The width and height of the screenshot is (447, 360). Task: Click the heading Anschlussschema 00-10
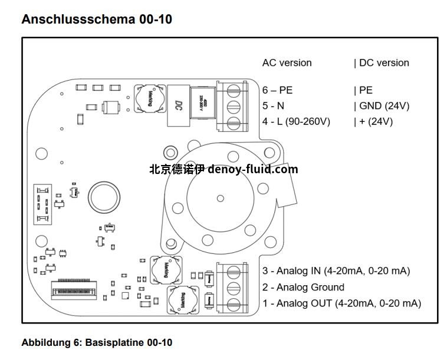pos(97,19)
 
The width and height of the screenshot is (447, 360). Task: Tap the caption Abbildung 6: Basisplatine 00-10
pos(97,342)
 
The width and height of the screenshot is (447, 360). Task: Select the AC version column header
pos(287,63)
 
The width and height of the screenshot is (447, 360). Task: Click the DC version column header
pos(382,63)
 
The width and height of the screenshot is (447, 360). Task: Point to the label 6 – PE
pos(277,90)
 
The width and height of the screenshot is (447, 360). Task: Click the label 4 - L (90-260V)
pos(296,121)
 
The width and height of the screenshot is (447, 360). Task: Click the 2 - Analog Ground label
pos(303,287)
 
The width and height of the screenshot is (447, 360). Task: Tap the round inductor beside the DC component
pos(146,98)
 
